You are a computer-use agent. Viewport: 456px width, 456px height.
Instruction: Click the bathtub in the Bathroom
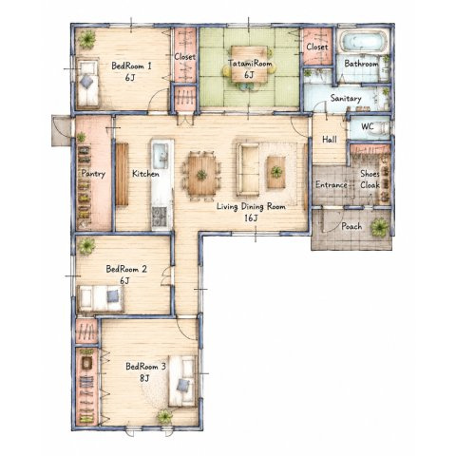click(x=364, y=42)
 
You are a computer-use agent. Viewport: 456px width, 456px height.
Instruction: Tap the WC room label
click(x=368, y=126)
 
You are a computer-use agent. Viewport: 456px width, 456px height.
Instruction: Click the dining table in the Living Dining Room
click(x=201, y=175)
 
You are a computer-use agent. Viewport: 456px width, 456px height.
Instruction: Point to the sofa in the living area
click(x=248, y=169)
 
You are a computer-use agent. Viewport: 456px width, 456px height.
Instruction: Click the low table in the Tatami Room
click(x=249, y=64)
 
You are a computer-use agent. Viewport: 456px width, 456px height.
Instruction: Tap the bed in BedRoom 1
click(x=87, y=83)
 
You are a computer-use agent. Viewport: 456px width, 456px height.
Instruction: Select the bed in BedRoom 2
click(x=101, y=298)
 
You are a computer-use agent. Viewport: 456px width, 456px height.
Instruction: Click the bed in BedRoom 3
click(x=182, y=381)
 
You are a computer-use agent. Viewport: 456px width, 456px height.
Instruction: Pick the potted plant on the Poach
click(x=379, y=227)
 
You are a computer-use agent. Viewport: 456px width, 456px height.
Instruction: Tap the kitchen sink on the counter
click(x=161, y=156)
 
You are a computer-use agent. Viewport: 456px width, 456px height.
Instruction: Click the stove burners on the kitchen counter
click(x=159, y=217)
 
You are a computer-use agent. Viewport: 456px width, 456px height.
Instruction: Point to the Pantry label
click(x=93, y=174)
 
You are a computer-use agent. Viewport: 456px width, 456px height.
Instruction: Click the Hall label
click(x=330, y=140)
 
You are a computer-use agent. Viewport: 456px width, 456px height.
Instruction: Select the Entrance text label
click(x=332, y=184)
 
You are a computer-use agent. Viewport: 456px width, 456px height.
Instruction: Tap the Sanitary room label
click(x=346, y=98)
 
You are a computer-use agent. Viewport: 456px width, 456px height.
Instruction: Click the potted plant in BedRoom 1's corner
click(x=86, y=39)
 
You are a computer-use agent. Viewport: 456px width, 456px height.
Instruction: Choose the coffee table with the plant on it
click(x=276, y=172)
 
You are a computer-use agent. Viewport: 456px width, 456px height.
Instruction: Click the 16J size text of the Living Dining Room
click(x=251, y=218)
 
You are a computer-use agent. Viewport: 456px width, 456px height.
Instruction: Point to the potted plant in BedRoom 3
click(x=165, y=416)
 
